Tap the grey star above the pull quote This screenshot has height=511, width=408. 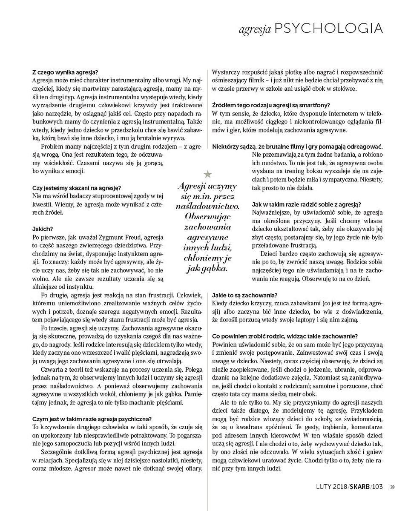pyautogui.click(x=208, y=174)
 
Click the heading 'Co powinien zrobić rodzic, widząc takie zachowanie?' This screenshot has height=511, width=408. pyautogui.click(x=284, y=336)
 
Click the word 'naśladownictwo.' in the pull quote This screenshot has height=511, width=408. pyautogui.click(x=207, y=206)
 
